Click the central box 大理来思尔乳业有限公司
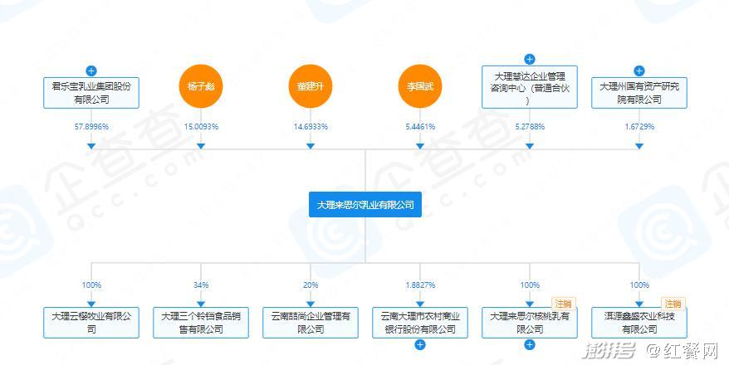[x=365, y=204]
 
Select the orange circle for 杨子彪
[x=201, y=86]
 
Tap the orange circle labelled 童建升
[x=311, y=86]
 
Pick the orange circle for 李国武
[x=419, y=86]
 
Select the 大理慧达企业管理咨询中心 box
[x=530, y=87]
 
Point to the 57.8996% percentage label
[x=91, y=126]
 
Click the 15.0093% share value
[x=201, y=126]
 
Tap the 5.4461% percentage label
[x=419, y=126]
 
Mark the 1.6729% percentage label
[x=638, y=126]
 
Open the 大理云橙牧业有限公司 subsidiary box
[x=91, y=323]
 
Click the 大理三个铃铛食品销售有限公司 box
[x=201, y=323]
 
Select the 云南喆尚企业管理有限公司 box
[x=311, y=323]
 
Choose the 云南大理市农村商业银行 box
[x=419, y=323]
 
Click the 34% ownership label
[x=201, y=285]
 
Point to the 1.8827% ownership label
[x=419, y=285]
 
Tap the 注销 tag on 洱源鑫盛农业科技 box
[x=672, y=304]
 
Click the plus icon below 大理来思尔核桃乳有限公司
[x=530, y=344]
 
